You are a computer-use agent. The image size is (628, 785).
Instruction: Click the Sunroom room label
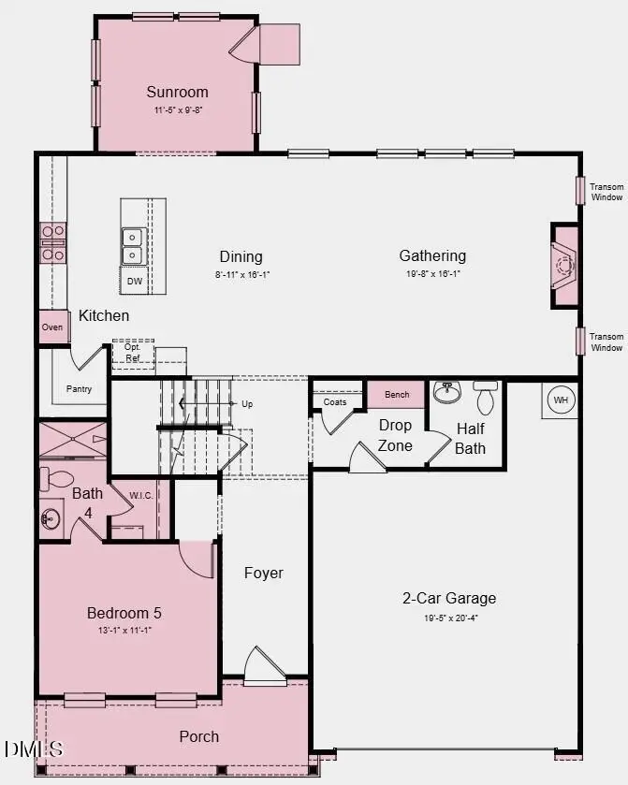tap(177, 92)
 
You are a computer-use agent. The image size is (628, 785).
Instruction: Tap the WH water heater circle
tap(561, 400)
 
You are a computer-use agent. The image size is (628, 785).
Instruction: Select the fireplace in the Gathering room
tap(564, 266)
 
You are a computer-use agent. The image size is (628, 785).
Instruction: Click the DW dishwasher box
tap(135, 281)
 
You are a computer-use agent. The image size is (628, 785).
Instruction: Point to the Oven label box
tap(52, 327)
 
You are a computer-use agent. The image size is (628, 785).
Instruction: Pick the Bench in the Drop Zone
tap(397, 394)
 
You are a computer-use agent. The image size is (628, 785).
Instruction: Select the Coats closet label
tap(335, 402)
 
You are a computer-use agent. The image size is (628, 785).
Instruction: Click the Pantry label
tap(80, 388)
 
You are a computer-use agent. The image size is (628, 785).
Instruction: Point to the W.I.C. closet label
tap(141, 495)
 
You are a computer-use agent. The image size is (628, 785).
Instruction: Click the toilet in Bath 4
tap(59, 480)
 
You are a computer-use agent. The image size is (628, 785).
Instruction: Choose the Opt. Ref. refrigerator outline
tap(132, 353)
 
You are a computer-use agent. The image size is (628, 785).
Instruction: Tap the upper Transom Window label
tap(606, 192)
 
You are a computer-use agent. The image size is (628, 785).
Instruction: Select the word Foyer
tap(263, 573)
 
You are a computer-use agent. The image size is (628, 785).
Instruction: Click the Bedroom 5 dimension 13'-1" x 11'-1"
tap(124, 631)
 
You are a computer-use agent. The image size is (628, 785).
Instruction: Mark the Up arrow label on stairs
tap(247, 404)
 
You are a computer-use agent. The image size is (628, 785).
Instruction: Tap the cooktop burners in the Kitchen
tap(52, 242)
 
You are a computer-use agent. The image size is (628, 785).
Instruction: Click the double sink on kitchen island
tap(133, 247)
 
